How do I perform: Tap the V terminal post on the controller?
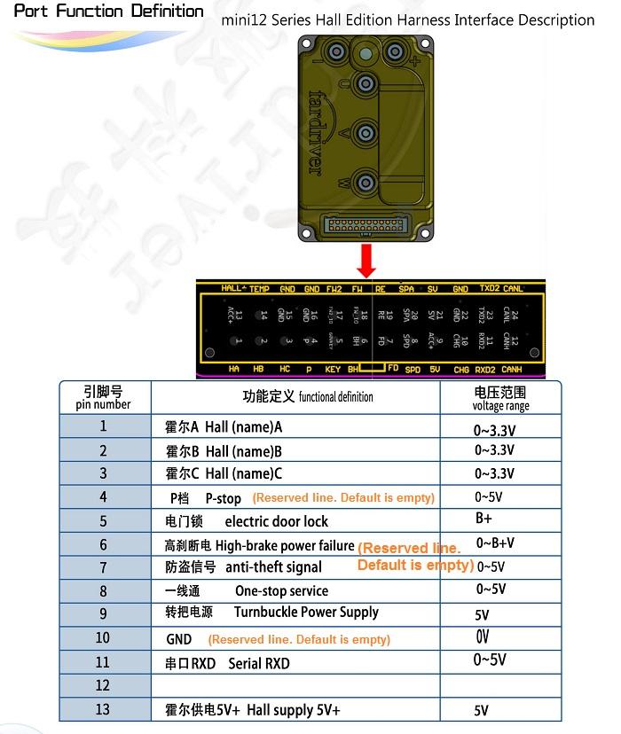pyautogui.click(x=364, y=134)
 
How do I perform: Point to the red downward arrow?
pyautogui.click(x=366, y=262)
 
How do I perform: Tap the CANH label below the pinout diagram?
pyautogui.click(x=512, y=370)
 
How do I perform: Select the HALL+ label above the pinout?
pyautogui.click(x=233, y=288)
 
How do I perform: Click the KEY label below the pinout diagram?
pyautogui.click(x=332, y=370)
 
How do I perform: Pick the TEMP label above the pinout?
pyautogui.click(x=259, y=288)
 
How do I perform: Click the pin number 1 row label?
pyautogui.click(x=103, y=426)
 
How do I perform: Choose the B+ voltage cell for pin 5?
pyautogui.click(x=484, y=519)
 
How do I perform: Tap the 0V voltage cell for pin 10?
pyautogui.click(x=483, y=637)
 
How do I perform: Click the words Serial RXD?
pyautogui.click(x=259, y=663)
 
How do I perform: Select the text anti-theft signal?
pyautogui.click(x=273, y=567)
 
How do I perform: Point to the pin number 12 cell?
pyautogui.click(x=103, y=685)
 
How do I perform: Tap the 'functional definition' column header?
pyautogui.click(x=308, y=397)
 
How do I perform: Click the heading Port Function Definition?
pyautogui.click(x=109, y=12)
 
